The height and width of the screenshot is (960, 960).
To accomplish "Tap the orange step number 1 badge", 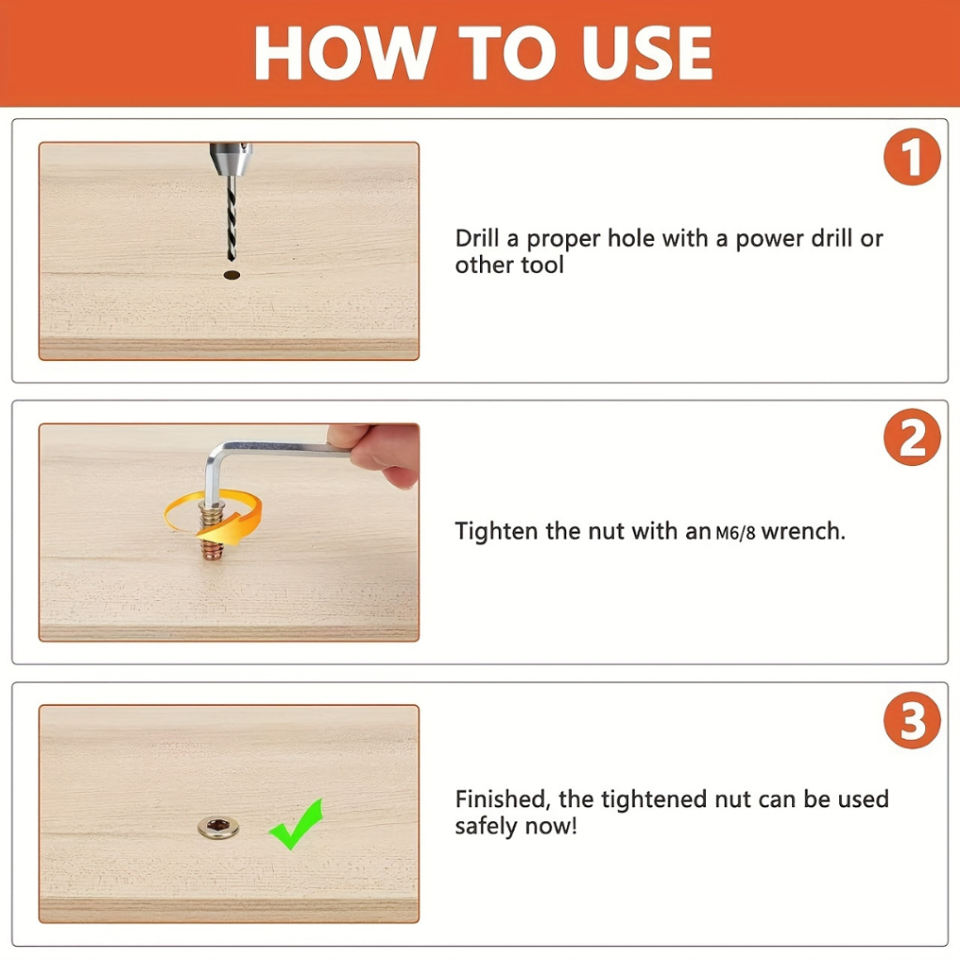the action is tap(911, 157).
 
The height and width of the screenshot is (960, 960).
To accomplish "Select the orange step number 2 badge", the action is tap(911, 437).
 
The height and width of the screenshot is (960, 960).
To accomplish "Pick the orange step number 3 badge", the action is tap(911, 720).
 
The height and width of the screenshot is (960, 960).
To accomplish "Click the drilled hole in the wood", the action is tap(232, 275).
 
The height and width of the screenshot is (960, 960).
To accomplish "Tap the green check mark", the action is tap(295, 825).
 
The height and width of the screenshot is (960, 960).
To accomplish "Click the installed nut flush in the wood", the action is tap(217, 828).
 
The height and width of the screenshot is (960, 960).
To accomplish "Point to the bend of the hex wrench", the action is tap(216, 452).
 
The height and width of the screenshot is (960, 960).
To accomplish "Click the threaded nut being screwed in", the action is tap(211, 532).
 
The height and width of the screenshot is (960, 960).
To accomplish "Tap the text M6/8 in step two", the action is tap(735, 533).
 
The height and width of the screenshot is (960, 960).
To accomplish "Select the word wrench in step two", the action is tap(802, 532).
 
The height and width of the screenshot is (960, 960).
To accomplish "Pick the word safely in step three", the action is tap(486, 827).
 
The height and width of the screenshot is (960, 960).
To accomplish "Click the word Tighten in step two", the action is tap(496, 532).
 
